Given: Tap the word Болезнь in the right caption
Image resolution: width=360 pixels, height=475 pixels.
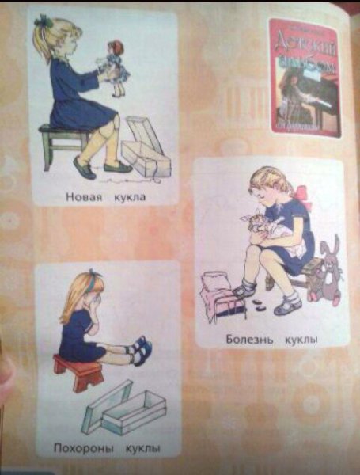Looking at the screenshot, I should (248, 340).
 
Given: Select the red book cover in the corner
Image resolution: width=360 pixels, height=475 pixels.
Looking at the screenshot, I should (304, 77).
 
